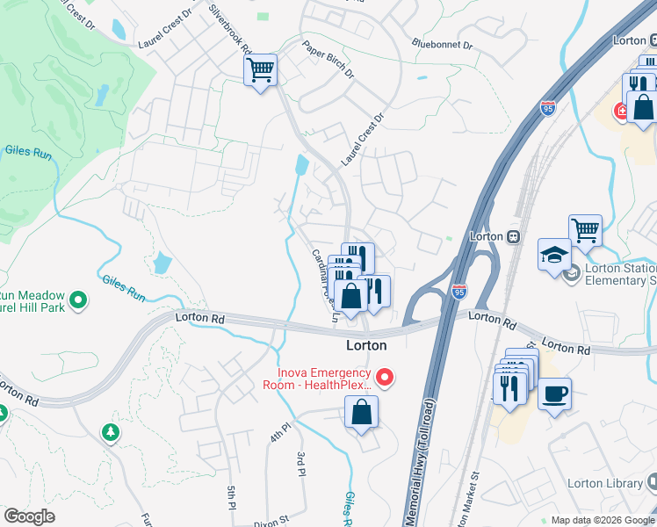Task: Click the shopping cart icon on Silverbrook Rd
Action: (261, 69)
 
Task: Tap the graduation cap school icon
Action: (554, 256)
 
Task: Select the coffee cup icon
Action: (554, 393)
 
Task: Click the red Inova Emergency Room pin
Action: (385, 378)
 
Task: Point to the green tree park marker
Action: (111, 432)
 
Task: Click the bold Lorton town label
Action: (366, 345)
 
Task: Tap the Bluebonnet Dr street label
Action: (441, 43)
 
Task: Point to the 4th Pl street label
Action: (279, 433)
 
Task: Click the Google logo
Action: (29, 516)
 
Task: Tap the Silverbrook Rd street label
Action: (231, 30)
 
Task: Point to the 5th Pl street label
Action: (232, 496)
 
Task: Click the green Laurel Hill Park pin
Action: (78, 301)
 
